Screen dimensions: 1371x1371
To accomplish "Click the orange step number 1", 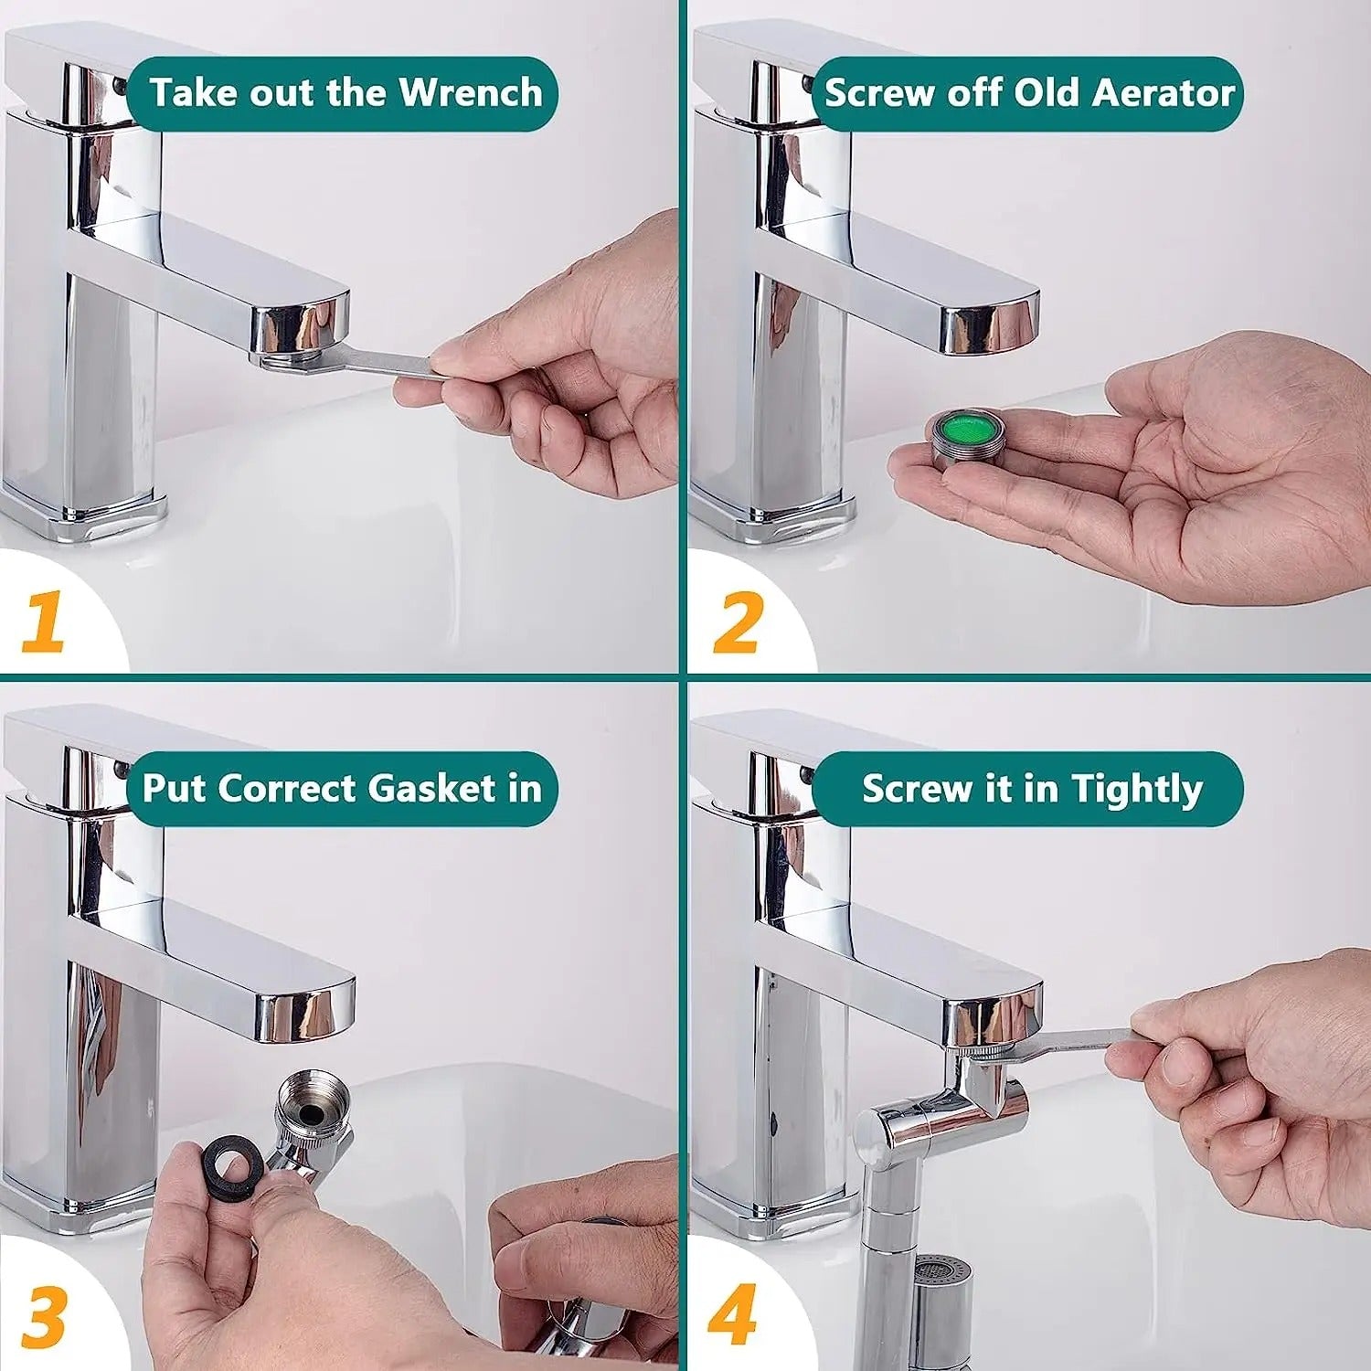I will (44, 622).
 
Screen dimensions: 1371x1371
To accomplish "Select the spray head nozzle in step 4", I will (941, 1298).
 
